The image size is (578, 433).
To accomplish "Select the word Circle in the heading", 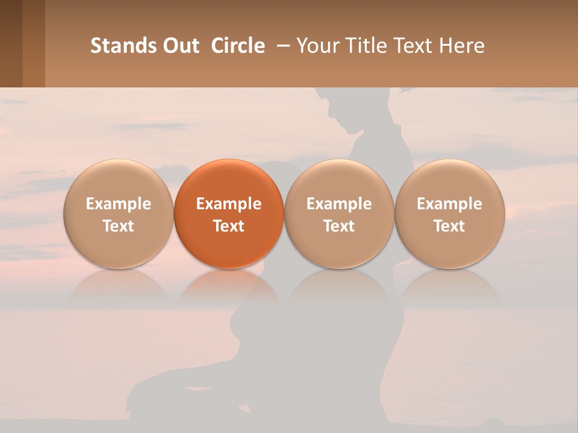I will pyautogui.click(x=238, y=46).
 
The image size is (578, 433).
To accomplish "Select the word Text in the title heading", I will pyautogui.click(x=415, y=46).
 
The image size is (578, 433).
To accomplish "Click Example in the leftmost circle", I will pyautogui.click(x=119, y=204).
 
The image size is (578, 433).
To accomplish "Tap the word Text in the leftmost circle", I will pyautogui.click(x=119, y=226).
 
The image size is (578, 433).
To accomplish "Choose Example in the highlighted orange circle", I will pyautogui.click(x=229, y=204).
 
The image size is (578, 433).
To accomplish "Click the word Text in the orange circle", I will pyautogui.click(x=229, y=226).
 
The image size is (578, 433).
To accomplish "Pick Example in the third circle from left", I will pyautogui.click(x=339, y=204).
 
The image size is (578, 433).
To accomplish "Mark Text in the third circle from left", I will pyautogui.click(x=339, y=226).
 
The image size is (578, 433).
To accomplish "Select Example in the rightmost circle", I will pyautogui.click(x=449, y=204).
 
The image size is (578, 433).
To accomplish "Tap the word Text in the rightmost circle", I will pyautogui.click(x=449, y=226).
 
